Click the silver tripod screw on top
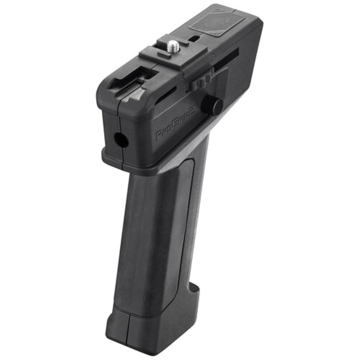point(174,45)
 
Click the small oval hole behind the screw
point(194,37)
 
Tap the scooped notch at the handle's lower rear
point(194,288)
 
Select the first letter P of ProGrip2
point(158,136)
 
